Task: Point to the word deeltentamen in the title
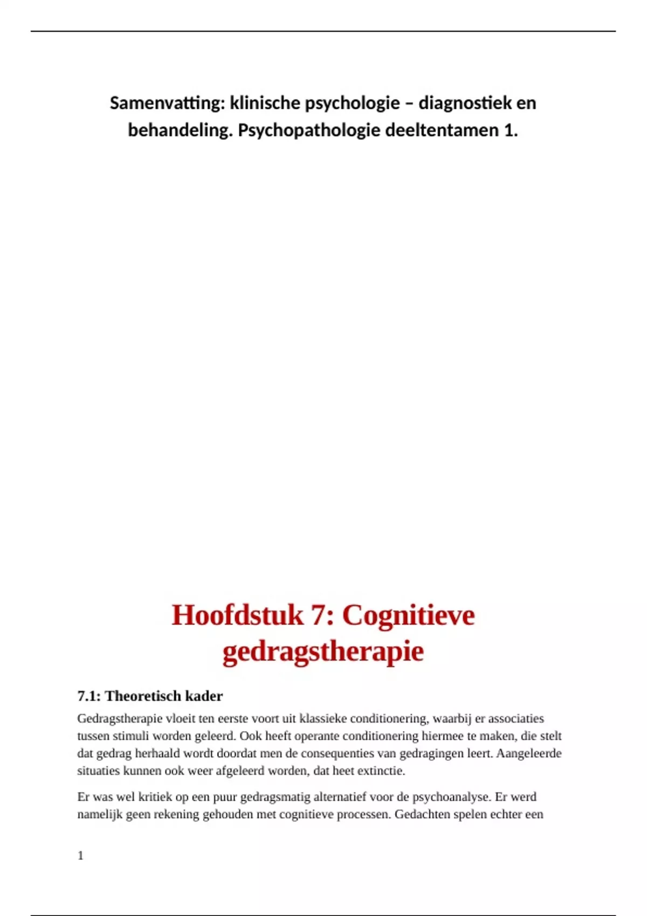click(x=433, y=130)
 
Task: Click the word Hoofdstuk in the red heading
click(x=237, y=615)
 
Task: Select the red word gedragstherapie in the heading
click(x=323, y=651)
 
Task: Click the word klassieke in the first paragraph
click(x=323, y=719)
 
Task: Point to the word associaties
click(x=516, y=719)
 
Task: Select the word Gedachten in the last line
click(x=423, y=814)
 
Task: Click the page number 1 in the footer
click(x=80, y=856)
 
